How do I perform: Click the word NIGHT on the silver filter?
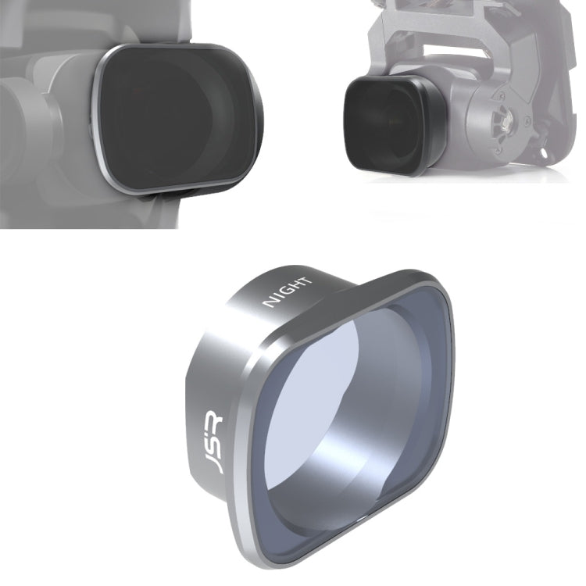point(288,291)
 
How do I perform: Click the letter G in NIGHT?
point(287,292)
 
